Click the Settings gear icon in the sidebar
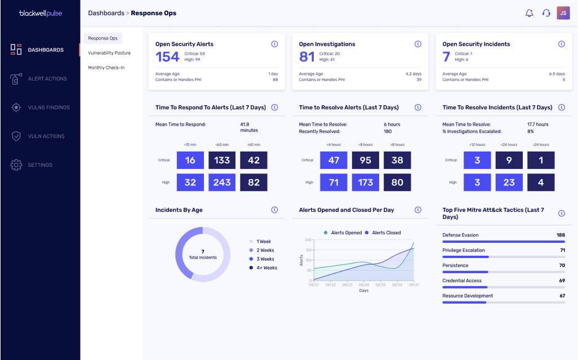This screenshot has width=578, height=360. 16,165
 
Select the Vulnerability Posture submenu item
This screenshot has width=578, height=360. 109,53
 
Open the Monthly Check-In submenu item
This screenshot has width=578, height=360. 106,68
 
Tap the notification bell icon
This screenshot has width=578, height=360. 530,14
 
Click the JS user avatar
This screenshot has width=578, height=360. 563,13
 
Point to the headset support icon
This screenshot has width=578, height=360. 546,14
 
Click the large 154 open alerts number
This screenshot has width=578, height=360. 167,57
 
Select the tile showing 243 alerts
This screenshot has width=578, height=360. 222,183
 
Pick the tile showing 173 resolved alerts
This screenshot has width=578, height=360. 365,183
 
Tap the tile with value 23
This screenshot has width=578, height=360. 509,183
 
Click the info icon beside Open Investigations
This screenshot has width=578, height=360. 417,44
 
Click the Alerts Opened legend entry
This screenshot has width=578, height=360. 343,233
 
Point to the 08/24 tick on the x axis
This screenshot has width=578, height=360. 364,285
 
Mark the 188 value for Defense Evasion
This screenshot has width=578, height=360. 561,235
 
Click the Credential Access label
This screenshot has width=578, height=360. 462,281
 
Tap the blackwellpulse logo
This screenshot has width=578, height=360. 41,14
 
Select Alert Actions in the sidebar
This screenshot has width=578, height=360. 47,79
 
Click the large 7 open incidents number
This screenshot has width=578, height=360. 446,57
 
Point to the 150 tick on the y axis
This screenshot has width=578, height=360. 308,250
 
